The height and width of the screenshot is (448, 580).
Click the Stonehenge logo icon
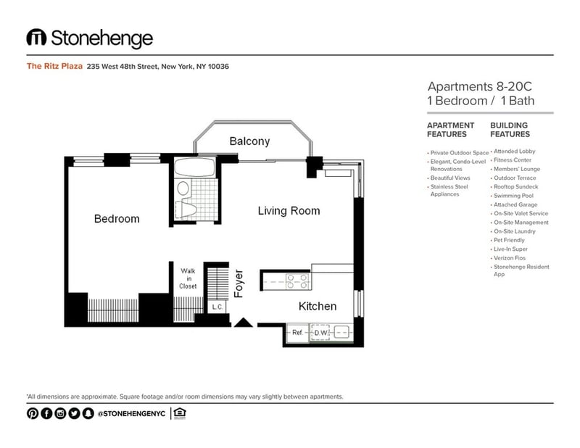[36, 38]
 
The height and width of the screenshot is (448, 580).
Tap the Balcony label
[249, 141]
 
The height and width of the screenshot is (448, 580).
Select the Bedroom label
[117, 219]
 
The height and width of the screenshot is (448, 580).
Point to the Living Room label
[289, 211]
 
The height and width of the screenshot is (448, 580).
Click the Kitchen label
[318, 307]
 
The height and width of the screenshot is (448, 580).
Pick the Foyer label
[239, 283]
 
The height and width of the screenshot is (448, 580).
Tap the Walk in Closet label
[188, 278]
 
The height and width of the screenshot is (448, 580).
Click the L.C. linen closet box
[217, 307]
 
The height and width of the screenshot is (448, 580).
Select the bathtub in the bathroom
[194, 167]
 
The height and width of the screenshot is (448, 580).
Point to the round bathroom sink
[183, 188]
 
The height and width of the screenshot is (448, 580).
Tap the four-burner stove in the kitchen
[297, 281]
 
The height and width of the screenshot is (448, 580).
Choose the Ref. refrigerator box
[297, 333]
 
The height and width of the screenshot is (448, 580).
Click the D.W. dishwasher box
[320, 333]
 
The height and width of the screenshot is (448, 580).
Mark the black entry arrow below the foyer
[243, 323]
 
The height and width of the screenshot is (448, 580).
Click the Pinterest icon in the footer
[33, 413]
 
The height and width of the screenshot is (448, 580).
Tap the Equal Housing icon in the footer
[179, 413]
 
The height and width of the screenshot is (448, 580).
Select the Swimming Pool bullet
[513, 196]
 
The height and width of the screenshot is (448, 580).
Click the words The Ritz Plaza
[54, 66]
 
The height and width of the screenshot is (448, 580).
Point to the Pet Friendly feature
[509, 240]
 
